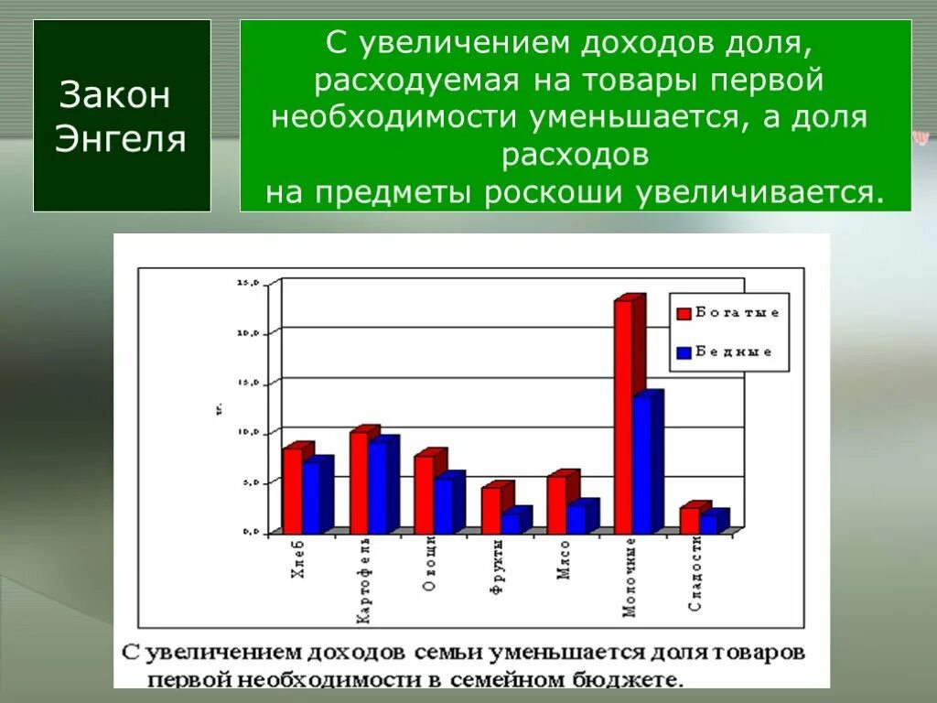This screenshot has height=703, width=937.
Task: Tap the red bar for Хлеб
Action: click(x=292, y=490)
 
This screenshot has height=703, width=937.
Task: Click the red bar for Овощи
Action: click(x=424, y=494)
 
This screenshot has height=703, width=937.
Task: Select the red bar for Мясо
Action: click(x=556, y=504)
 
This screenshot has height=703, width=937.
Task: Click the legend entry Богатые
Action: click(x=737, y=313)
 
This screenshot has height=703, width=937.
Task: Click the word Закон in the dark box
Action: click(x=115, y=95)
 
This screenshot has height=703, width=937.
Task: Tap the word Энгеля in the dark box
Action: click(x=121, y=138)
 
